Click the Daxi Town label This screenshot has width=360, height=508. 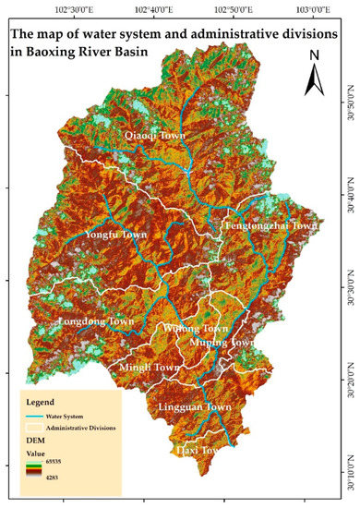(x=198, y=450)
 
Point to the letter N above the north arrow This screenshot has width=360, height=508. (x=313, y=54)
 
